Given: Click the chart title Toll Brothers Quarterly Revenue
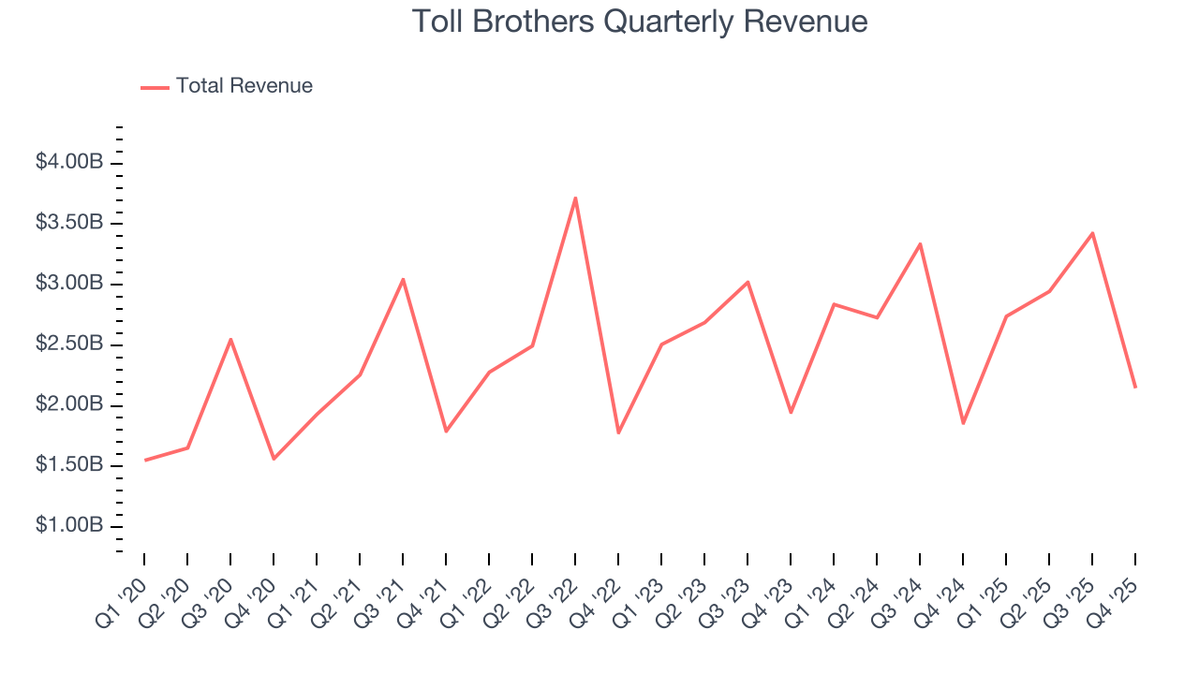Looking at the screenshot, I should pyautogui.click(x=640, y=22).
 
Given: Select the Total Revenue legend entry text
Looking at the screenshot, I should pyautogui.click(x=244, y=86).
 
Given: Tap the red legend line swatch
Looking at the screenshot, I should pyautogui.click(x=155, y=87).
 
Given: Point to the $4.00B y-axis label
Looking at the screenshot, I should pyautogui.click(x=69, y=163).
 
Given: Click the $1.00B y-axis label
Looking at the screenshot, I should pyautogui.click(x=69, y=526).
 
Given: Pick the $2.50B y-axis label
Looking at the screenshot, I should pyautogui.click(x=69, y=344).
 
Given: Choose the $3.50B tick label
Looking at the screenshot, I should pyautogui.click(x=69, y=223).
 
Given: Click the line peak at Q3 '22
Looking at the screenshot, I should pyautogui.click(x=575, y=198).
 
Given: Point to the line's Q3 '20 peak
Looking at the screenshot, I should pyautogui.click(x=230, y=339).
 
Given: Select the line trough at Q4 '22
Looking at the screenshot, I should pyautogui.click(x=618, y=432).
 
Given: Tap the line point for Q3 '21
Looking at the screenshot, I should pyautogui.click(x=403, y=279).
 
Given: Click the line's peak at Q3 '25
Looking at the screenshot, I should pyautogui.click(x=1092, y=233).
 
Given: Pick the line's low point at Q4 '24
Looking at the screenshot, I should pyautogui.click(x=963, y=423).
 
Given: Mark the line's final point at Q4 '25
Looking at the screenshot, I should pyautogui.click(x=1135, y=387).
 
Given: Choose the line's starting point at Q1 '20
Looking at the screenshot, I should pyautogui.click(x=144, y=460).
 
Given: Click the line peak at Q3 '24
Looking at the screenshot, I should pyautogui.click(x=920, y=243).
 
